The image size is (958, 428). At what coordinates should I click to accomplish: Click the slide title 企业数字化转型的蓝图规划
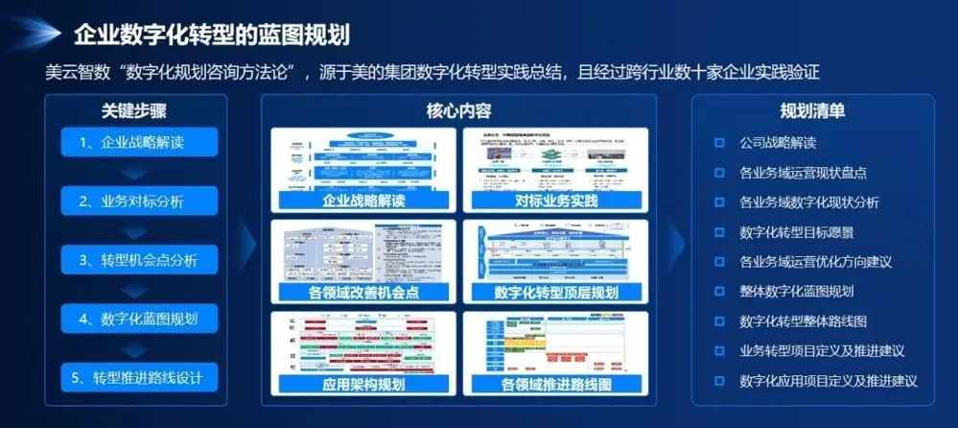(x=211, y=36)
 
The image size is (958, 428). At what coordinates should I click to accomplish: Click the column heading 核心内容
(x=459, y=110)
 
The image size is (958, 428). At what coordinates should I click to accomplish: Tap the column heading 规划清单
(x=811, y=110)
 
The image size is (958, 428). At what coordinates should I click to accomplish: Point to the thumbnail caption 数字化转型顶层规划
(x=555, y=292)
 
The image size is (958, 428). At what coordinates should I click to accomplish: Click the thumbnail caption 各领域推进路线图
(x=555, y=384)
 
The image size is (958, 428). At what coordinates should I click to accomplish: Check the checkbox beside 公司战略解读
(x=719, y=143)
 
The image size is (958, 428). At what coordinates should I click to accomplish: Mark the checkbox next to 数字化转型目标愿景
(x=719, y=231)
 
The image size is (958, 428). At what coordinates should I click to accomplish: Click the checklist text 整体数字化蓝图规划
(x=796, y=291)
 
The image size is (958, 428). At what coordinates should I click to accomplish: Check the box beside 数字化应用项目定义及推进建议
(x=719, y=380)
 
